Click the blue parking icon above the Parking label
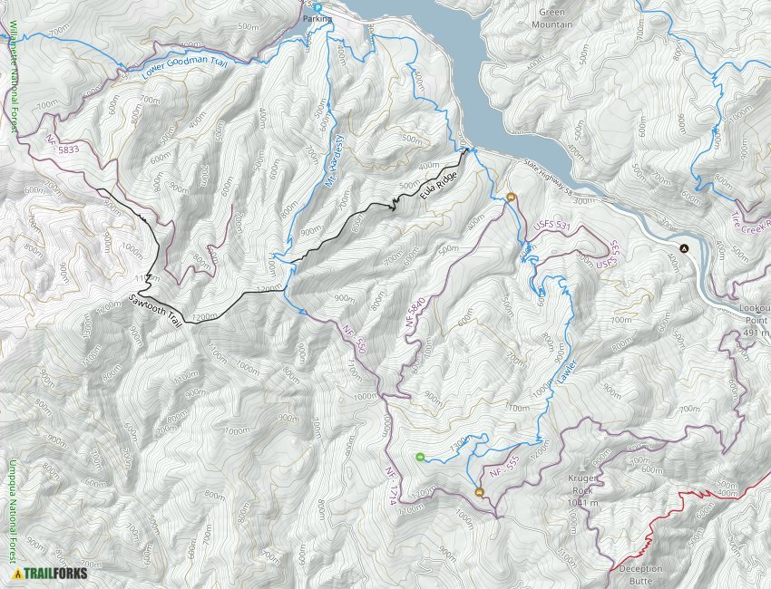318,7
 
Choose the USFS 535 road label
605,257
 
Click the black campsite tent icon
685,248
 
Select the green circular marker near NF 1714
419,458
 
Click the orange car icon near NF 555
479,493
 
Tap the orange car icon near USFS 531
512,198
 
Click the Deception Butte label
640,574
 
